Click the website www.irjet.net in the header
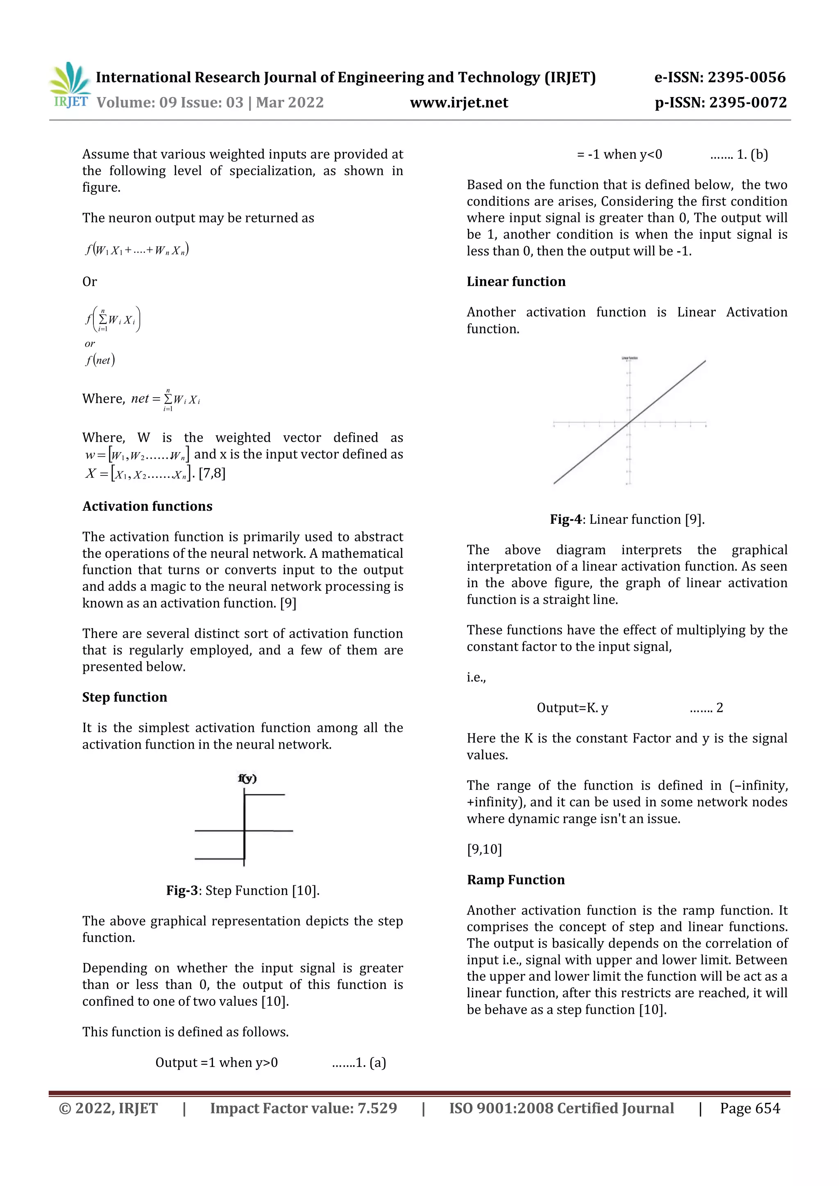tap(459, 103)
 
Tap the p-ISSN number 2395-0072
tap(748, 103)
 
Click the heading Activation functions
tap(147, 506)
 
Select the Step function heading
tap(125, 697)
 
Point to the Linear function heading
tap(516, 281)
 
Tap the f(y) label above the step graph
tap(247, 779)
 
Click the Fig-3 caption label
tap(182, 891)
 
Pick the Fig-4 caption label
tap(566, 519)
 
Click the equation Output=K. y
tap(572, 708)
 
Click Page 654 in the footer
tap(750, 1109)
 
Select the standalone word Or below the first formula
tap(89, 281)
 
